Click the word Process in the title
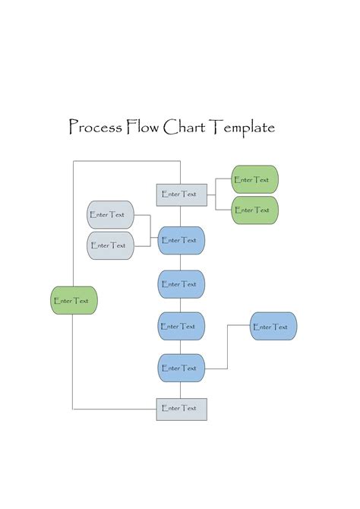tap(95, 127)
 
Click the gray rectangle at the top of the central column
tap(182, 194)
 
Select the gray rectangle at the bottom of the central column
tap(182, 409)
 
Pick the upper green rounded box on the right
tap(254, 180)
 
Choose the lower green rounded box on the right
tap(254, 210)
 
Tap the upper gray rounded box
tap(110, 215)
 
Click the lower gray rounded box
tap(110, 245)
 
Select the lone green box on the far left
tap(74, 301)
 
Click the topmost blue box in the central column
tap(182, 240)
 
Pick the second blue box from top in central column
tap(182, 284)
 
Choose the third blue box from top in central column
tap(182, 326)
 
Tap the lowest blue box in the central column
tap(182, 368)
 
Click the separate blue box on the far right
tap(273, 327)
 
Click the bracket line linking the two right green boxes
tap(216, 194)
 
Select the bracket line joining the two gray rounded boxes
tap(150, 230)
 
